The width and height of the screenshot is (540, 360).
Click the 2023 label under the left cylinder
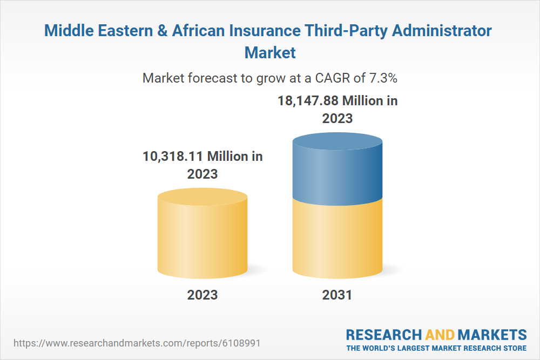(202, 295)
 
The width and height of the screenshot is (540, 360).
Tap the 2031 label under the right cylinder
(337, 295)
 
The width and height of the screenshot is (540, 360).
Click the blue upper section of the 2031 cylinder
(337, 167)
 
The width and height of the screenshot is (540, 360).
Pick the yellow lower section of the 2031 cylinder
(337, 237)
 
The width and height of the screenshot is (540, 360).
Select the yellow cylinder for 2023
(202, 237)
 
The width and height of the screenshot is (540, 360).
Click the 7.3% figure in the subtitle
(383, 78)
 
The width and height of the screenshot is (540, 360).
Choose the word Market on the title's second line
(270, 52)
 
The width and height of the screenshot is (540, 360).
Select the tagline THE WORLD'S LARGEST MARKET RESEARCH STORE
(436, 348)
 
